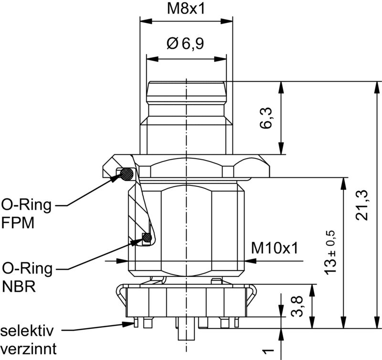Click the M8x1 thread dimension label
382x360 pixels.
click(x=186, y=8)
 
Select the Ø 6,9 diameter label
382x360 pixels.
click(x=185, y=44)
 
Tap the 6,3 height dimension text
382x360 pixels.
click(x=267, y=118)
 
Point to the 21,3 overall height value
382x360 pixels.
click(x=363, y=205)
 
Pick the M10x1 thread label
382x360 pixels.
click(x=275, y=248)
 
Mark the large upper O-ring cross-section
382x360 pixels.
click(x=127, y=175)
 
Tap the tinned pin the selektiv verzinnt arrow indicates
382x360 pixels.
click(x=136, y=324)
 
